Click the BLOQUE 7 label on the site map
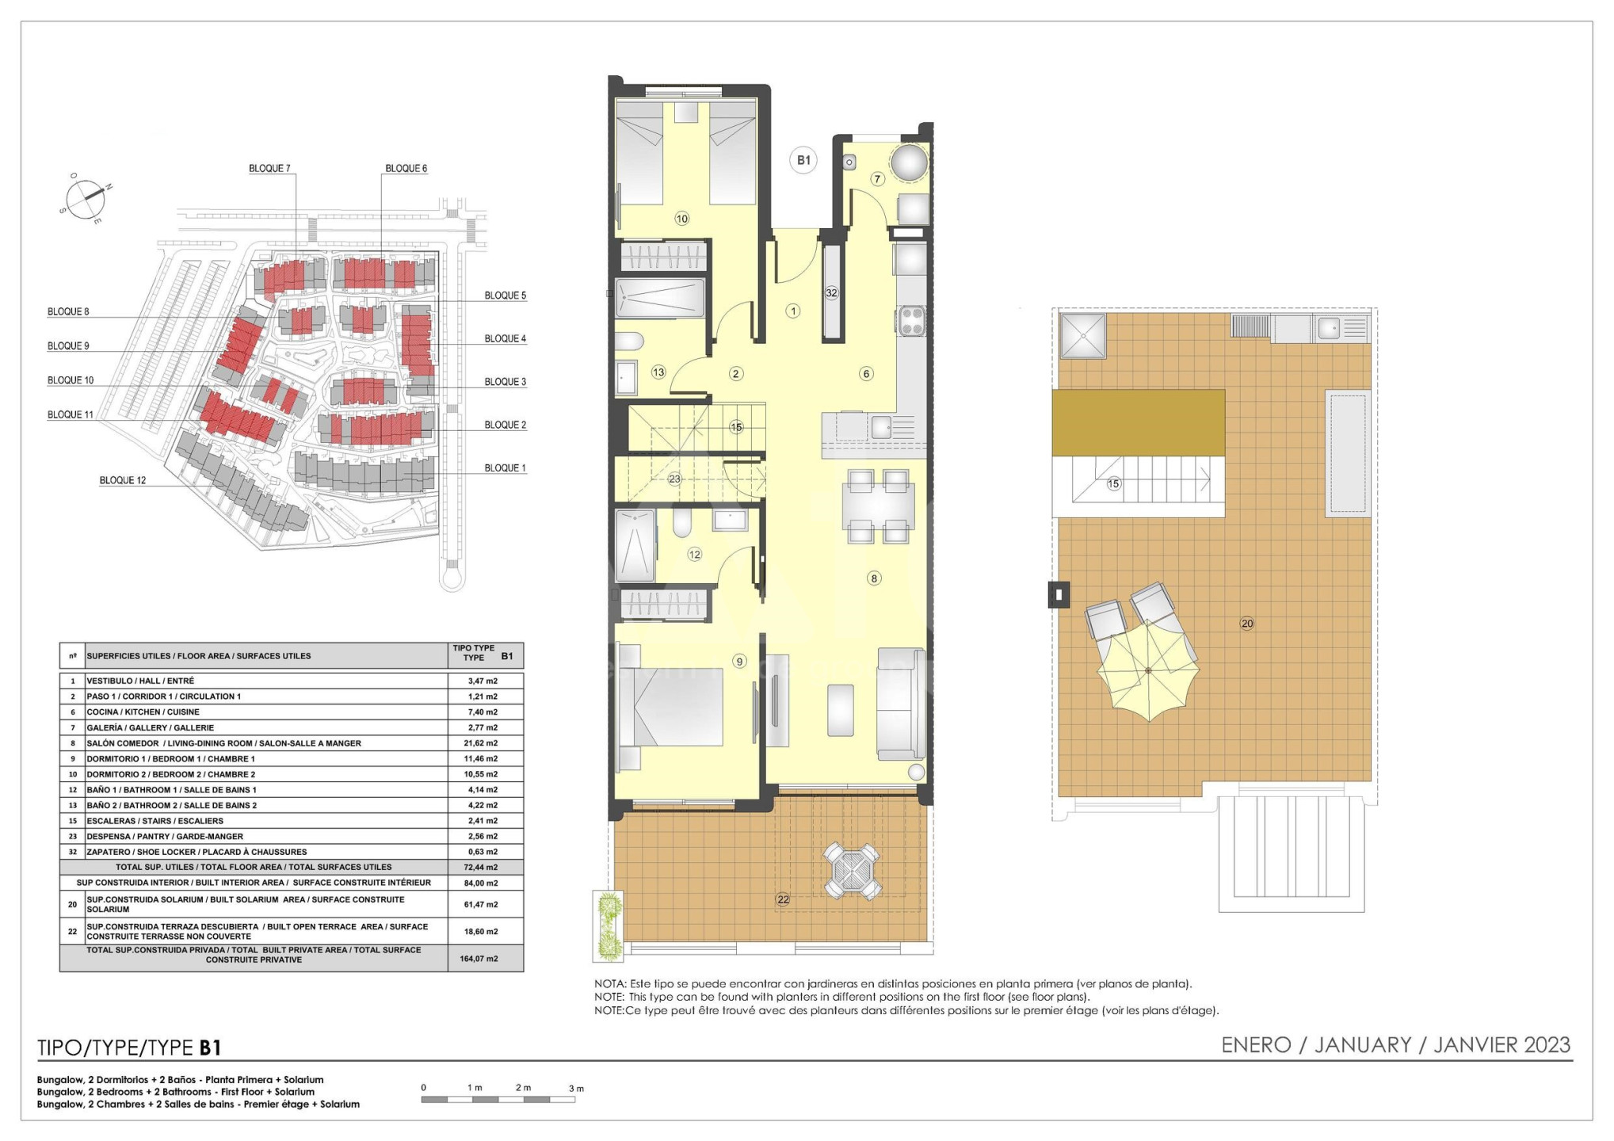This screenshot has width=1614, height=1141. (x=269, y=168)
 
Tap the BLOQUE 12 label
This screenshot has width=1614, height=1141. (x=123, y=480)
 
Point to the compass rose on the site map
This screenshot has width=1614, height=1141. (x=85, y=198)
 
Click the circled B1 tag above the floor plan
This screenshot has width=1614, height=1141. (x=803, y=160)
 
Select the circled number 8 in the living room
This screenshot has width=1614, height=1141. (x=874, y=578)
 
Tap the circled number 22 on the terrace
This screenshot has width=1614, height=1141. (x=783, y=899)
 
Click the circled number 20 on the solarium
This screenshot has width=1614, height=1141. (x=1247, y=624)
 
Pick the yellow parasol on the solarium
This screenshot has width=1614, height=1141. (x=1148, y=670)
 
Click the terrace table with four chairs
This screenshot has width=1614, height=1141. (x=852, y=871)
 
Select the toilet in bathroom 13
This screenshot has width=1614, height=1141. (x=630, y=341)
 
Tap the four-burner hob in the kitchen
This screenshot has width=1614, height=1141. (x=911, y=322)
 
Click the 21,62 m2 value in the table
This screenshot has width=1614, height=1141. (x=482, y=743)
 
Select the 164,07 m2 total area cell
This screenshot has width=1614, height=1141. (x=479, y=959)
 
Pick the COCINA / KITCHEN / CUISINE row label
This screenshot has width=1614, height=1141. (x=143, y=712)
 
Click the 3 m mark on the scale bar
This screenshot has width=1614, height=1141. (x=576, y=1088)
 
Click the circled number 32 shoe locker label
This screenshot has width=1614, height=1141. (x=831, y=292)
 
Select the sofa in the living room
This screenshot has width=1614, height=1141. (x=901, y=704)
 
